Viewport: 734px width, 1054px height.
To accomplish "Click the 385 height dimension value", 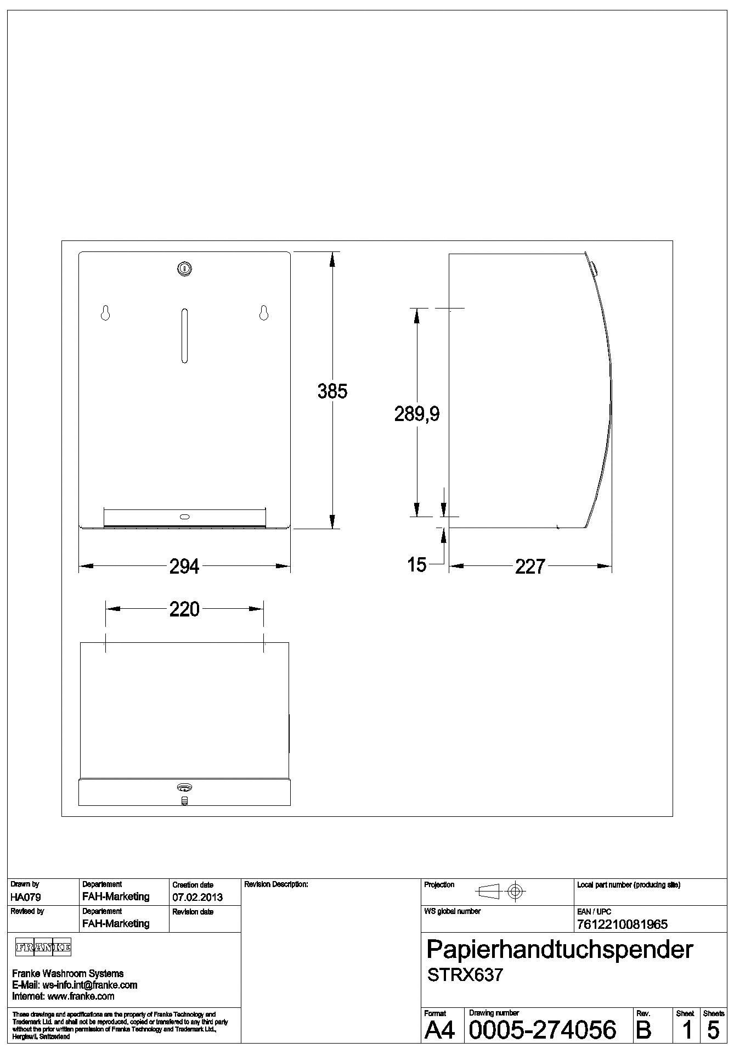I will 332,391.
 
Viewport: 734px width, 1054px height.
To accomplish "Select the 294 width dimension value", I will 184,567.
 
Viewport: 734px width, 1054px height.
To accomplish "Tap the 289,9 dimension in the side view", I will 417,414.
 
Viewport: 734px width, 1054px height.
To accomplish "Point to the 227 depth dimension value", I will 530,567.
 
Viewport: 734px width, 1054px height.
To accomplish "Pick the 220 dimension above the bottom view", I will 184,609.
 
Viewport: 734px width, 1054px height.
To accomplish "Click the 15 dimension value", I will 417,565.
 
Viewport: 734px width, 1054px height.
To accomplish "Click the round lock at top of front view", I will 184,268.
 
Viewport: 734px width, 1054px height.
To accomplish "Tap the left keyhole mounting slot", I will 105,312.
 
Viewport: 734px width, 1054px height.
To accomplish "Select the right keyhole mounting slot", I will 264,312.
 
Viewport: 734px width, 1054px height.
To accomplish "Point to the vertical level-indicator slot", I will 184,336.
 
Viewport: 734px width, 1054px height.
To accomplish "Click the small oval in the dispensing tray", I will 184,517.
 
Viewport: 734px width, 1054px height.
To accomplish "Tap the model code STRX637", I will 465,975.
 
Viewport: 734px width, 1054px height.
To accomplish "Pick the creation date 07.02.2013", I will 197,897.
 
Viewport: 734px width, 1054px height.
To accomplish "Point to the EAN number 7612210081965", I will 622,924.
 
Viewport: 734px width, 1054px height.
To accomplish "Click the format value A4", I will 440,1030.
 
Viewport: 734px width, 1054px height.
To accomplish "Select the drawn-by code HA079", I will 25,897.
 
